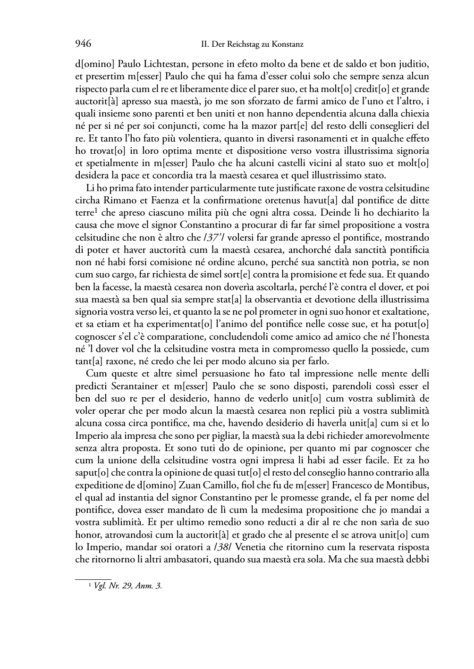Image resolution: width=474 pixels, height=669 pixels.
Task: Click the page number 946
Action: pyautogui.click(x=83, y=44)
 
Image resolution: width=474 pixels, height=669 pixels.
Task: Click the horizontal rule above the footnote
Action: pyautogui.click(x=93, y=578)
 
